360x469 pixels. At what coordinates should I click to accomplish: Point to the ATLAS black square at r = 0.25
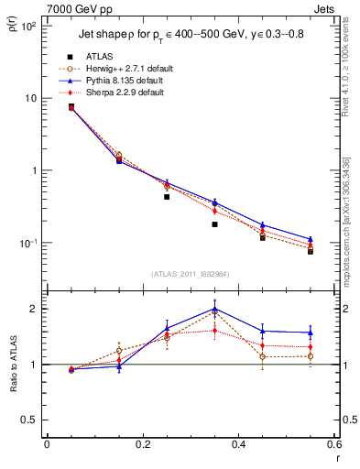(x=167, y=196)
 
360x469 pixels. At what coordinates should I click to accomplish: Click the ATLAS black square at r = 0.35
(x=214, y=224)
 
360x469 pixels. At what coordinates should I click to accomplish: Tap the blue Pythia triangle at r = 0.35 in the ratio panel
(x=214, y=310)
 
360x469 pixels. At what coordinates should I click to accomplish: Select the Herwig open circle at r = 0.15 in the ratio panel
(x=119, y=351)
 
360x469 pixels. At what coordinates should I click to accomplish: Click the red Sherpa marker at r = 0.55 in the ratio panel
(x=311, y=347)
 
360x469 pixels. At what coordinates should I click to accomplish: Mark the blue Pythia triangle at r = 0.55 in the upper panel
(x=311, y=239)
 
